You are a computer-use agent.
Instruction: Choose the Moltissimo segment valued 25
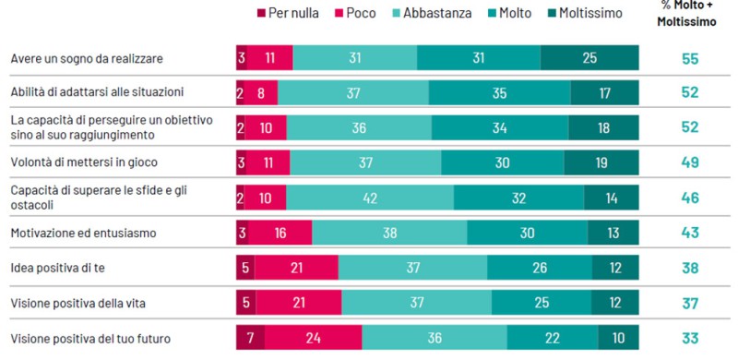tap(589, 58)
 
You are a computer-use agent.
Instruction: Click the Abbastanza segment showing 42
tap(382, 198)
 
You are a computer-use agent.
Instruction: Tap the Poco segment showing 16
tap(280, 233)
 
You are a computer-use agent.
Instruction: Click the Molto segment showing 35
tap(499, 93)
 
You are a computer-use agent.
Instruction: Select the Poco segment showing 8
tap(261, 93)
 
